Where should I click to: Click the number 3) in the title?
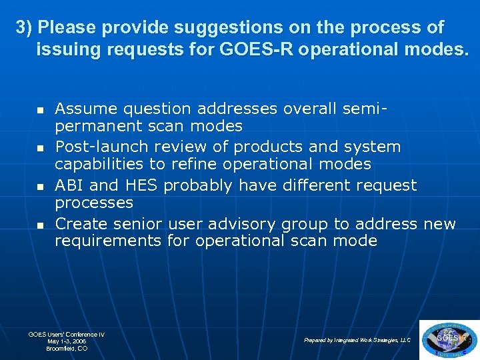(x=25, y=28)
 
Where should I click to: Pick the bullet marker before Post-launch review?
(x=39, y=147)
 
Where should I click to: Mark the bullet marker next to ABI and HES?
(x=39, y=186)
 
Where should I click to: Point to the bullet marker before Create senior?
(x=39, y=225)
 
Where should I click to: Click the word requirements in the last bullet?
(x=108, y=241)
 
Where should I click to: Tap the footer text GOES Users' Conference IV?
(x=67, y=334)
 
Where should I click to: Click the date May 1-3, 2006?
(x=67, y=341)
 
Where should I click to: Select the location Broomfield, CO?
(x=67, y=349)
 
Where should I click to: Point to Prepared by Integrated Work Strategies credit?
(x=357, y=340)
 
